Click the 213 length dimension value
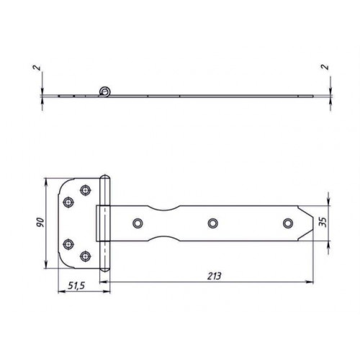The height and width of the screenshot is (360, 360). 215,276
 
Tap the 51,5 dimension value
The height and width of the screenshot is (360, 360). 76,286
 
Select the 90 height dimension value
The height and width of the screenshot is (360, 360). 40,222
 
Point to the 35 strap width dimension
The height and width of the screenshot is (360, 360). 324,222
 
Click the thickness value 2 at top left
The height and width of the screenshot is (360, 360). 37,68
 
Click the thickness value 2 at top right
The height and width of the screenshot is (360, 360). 325,67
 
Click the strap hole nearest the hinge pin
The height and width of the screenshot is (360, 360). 138,223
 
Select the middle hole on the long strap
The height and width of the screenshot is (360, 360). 212,223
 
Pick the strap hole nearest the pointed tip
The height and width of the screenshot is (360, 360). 288,223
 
